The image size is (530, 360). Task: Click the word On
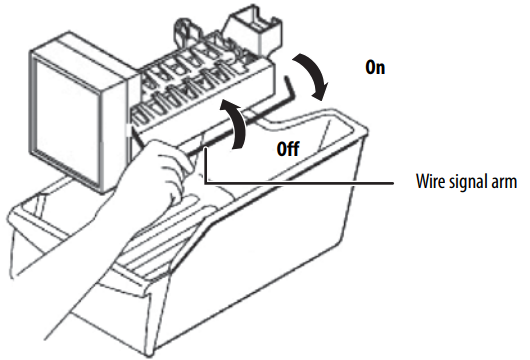point(375,67)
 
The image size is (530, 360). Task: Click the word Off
point(288,149)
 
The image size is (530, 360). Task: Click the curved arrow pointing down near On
point(313,76)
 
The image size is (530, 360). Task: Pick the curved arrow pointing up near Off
point(234,123)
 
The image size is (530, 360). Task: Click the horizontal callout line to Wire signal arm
point(299,183)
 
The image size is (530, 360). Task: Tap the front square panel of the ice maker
point(68,122)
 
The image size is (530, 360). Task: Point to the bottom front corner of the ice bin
point(150,352)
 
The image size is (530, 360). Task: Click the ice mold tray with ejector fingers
point(203,88)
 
